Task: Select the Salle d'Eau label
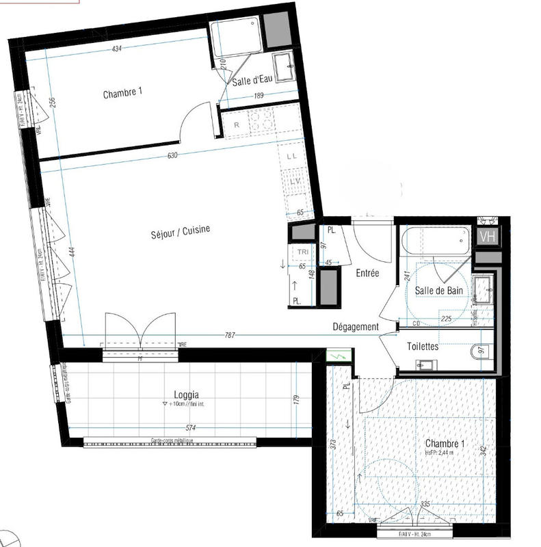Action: pyautogui.click(x=252, y=81)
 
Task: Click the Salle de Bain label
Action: pyautogui.click(x=439, y=291)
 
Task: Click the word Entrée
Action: pyautogui.click(x=367, y=273)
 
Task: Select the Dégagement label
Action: pyautogui.click(x=356, y=327)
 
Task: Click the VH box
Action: pyautogui.click(x=488, y=237)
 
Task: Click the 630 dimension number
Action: pyautogui.click(x=172, y=155)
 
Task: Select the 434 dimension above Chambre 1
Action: pyautogui.click(x=117, y=49)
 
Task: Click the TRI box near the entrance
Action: pyautogui.click(x=302, y=252)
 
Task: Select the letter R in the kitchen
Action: pyautogui.click(x=236, y=125)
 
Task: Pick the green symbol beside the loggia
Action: pyautogui.click(x=338, y=356)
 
